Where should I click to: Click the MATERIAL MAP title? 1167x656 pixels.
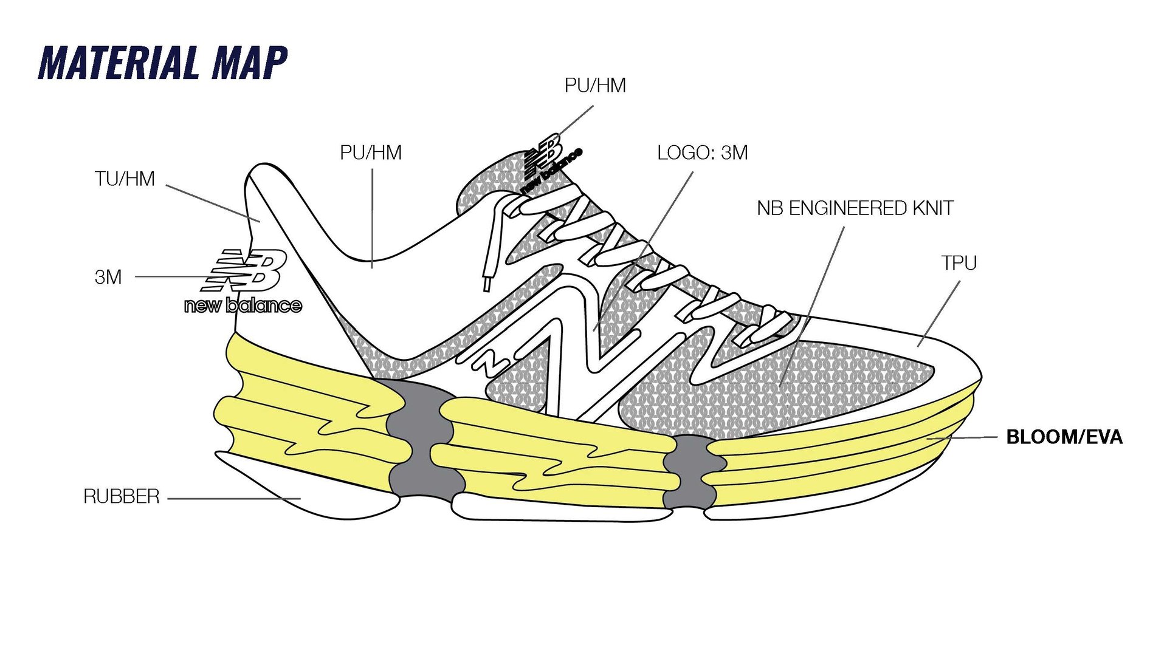pos(163,63)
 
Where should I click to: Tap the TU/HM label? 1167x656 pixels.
pos(125,179)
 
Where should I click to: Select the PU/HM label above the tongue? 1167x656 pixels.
pos(595,86)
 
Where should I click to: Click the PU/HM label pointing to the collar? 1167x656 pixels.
pos(371,152)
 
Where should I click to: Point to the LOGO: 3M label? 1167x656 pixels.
pos(702,153)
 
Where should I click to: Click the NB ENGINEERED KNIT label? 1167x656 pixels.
pos(855,208)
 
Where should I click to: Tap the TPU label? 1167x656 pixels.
pos(959,263)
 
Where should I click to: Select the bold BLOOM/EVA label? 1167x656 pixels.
pos(1064,437)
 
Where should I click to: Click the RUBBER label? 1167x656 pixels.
pos(121,497)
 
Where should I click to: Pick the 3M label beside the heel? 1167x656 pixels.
pos(108,277)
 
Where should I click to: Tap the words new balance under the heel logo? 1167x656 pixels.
pos(243,305)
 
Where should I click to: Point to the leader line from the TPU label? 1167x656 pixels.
pos(939,313)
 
